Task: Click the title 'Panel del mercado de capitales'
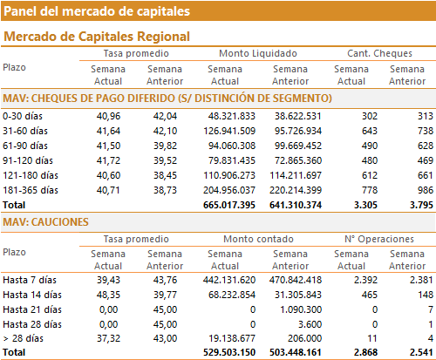click(97, 11)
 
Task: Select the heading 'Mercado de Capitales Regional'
click(97, 37)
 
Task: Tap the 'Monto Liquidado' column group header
click(258, 53)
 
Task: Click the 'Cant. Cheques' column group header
click(379, 53)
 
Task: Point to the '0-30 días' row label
click(23, 116)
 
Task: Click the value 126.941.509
click(229, 131)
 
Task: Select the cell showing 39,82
click(165, 146)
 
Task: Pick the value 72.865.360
click(298, 160)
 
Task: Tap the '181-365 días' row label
click(31, 190)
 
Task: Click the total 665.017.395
click(229, 205)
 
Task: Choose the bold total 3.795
click(421, 205)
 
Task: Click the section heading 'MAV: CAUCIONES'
click(45, 222)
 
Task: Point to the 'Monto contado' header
click(258, 239)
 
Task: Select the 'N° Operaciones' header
click(379, 239)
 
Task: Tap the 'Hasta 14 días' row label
click(32, 295)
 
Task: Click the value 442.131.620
click(229, 280)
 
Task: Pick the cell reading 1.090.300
click(301, 309)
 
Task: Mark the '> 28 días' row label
click(24, 338)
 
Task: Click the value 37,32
click(108, 338)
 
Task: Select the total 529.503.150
click(229, 352)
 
